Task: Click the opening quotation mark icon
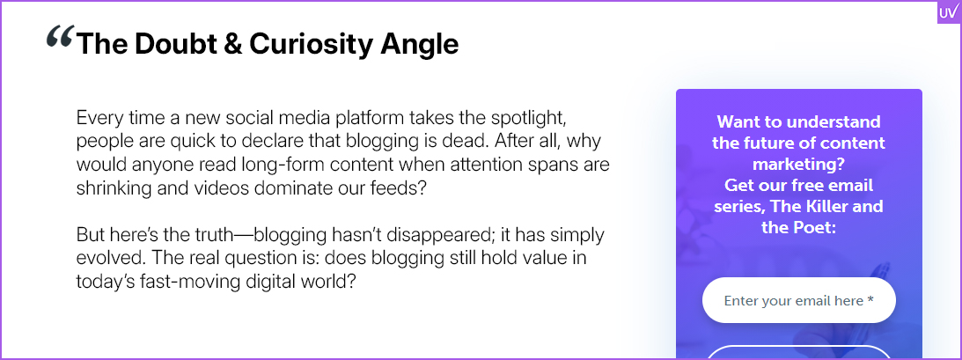60,38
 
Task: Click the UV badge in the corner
948,12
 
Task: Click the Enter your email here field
799,300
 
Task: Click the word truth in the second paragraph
229,235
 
